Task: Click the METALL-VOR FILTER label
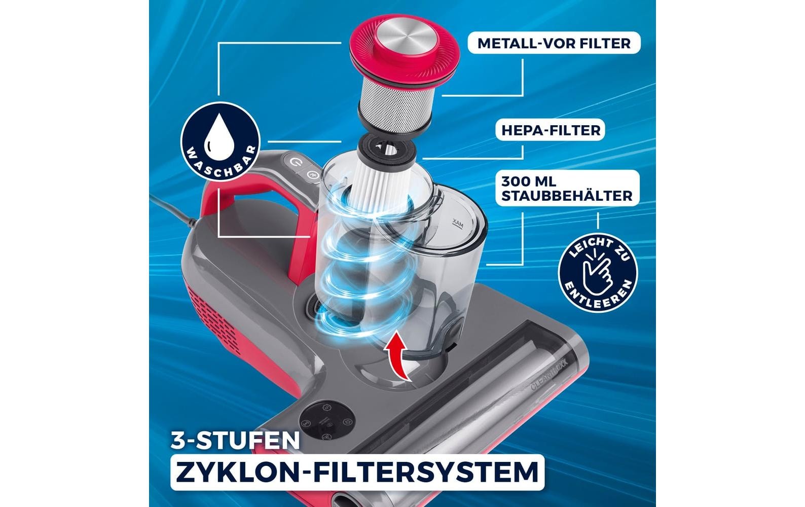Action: (554, 43)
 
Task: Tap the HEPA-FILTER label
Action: (551, 130)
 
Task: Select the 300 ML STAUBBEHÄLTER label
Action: (567, 189)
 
